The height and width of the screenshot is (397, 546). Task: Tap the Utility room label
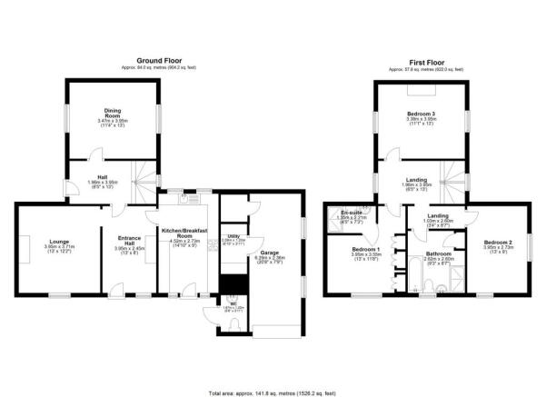[x=234, y=238]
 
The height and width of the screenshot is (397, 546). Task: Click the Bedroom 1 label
[x=366, y=248]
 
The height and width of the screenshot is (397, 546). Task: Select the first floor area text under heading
[x=423, y=68]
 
